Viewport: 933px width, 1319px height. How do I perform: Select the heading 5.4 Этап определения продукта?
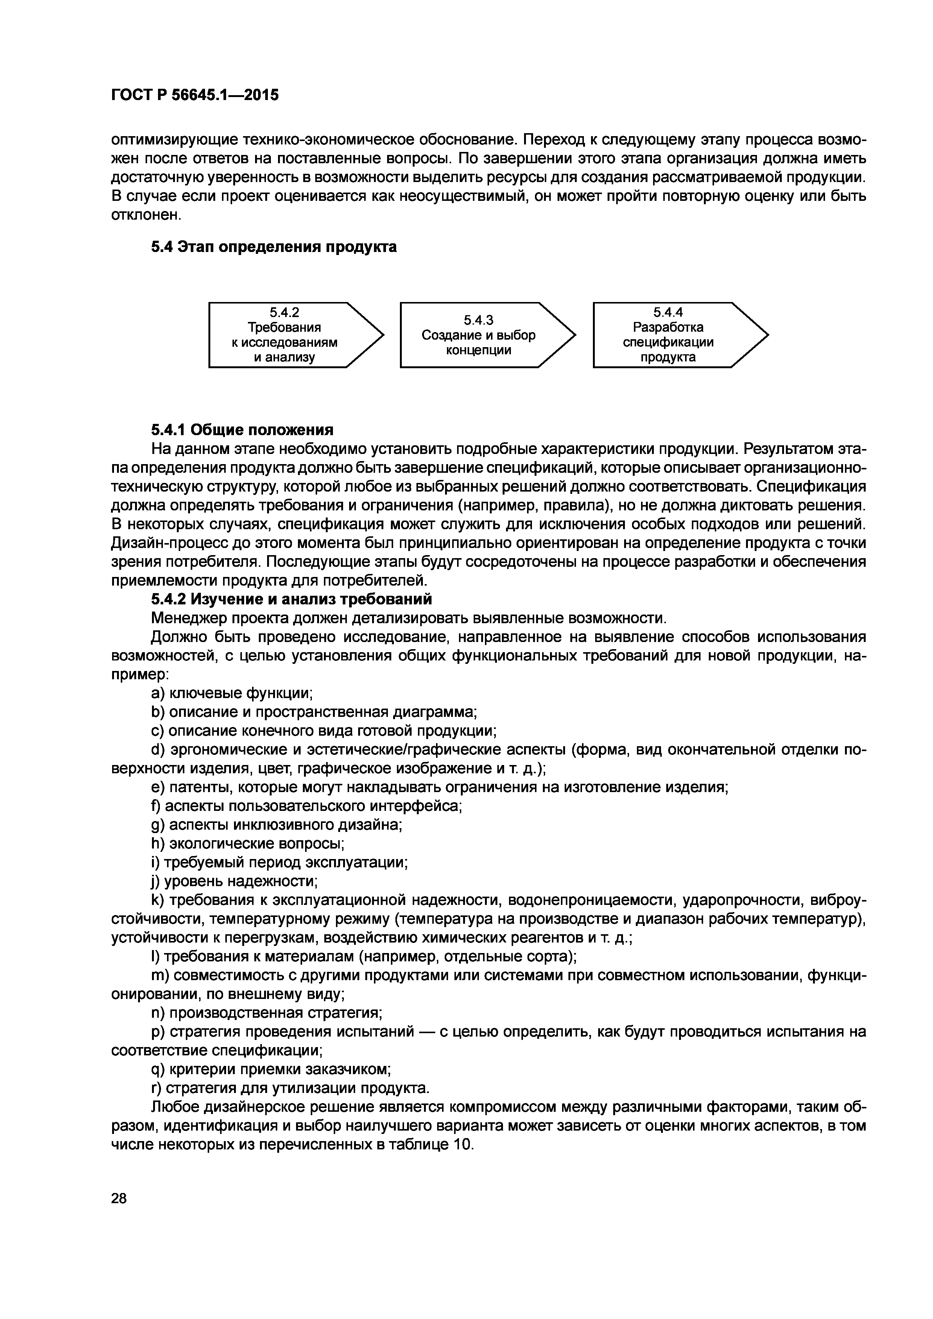click(x=274, y=247)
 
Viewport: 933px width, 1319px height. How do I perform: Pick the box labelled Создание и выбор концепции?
click(x=478, y=335)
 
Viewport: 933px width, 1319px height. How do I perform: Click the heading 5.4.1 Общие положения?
click(x=242, y=430)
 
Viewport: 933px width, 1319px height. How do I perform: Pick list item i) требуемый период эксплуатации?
click(x=279, y=862)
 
